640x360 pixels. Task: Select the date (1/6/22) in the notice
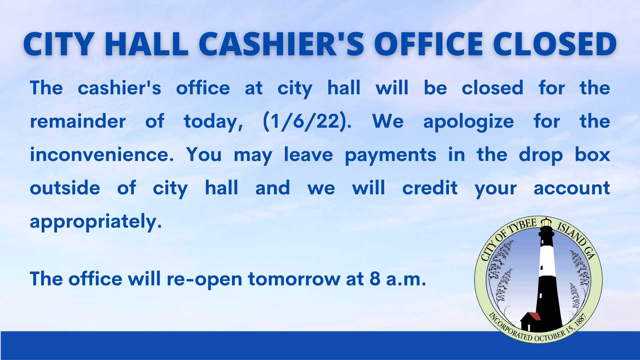pyautogui.click(x=307, y=121)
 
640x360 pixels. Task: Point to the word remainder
pyautogui.click(x=78, y=121)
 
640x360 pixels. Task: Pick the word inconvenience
pyautogui.click(x=102, y=155)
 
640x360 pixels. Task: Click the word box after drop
pyautogui.click(x=592, y=155)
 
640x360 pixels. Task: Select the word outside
pyautogui.click(x=65, y=188)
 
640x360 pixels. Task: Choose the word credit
pyautogui.click(x=430, y=188)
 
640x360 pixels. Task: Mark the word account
pyautogui.click(x=572, y=188)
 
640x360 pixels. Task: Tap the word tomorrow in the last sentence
pyautogui.click(x=294, y=279)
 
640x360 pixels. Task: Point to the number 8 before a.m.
pyautogui.click(x=375, y=279)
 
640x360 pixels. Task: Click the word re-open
pyautogui.click(x=204, y=279)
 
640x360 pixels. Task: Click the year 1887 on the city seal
pyautogui.click(x=580, y=321)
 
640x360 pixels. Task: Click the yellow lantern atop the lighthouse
pyautogui.click(x=546, y=222)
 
